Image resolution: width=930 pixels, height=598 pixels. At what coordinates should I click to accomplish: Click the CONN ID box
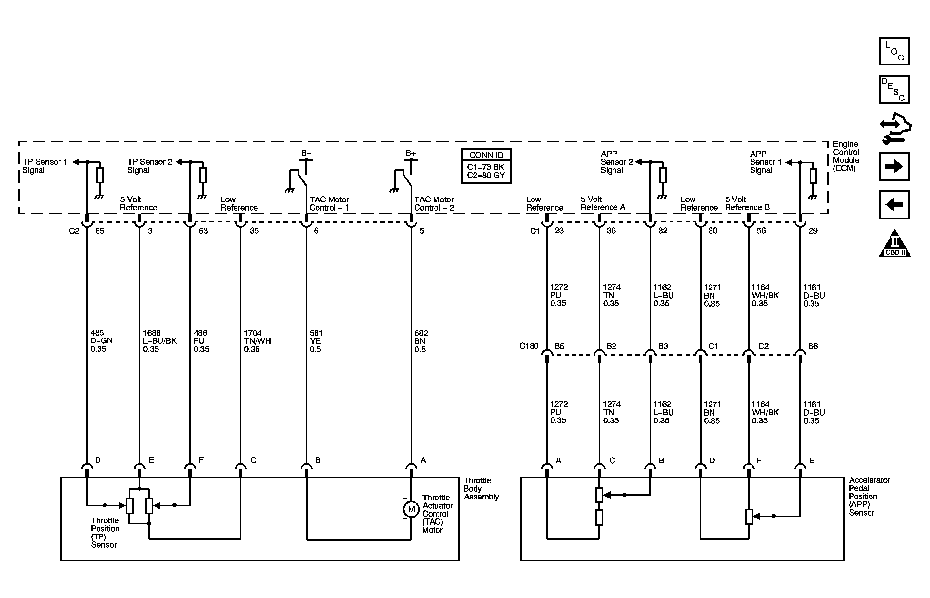[486, 166]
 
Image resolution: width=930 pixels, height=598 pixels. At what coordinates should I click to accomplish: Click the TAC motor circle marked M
[411, 510]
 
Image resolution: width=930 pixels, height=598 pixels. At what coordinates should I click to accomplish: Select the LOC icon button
[894, 51]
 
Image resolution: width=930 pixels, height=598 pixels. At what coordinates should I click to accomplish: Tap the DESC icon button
[894, 89]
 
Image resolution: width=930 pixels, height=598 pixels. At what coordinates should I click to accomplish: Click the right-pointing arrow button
[894, 166]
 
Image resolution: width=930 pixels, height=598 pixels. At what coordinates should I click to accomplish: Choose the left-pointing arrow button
[894, 204]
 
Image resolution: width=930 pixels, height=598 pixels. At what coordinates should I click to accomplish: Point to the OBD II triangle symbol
[895, 243]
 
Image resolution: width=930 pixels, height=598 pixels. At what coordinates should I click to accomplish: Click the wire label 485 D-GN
[102, 341]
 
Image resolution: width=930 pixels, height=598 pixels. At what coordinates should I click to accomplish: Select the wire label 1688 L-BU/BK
[159, 341]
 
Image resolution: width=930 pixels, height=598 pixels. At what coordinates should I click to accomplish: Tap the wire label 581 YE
[316, 341]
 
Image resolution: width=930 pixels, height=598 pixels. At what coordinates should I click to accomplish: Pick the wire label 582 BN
[421, 341]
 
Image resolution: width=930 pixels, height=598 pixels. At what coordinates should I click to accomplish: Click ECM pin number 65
[99, 231]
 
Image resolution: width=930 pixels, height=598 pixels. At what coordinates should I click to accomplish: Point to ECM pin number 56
[761, 231]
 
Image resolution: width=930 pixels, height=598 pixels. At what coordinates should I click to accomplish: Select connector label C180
[529, 346]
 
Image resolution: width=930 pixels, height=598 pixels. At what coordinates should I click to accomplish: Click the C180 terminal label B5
[559, 346]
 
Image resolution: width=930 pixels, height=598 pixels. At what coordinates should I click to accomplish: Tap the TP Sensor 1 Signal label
[45, 166]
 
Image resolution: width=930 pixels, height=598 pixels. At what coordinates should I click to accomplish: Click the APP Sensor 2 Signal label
[616, 162]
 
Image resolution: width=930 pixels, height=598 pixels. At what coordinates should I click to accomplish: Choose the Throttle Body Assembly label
[481, 489]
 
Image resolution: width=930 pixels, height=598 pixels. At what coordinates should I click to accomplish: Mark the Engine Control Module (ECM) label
[846, 156]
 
